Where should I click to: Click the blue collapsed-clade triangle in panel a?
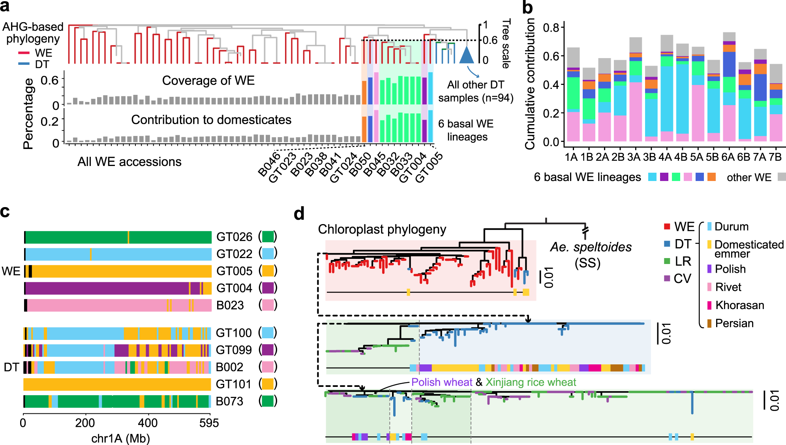(467, 56)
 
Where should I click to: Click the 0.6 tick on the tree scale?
(490, 40)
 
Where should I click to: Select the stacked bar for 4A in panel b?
(667, 88)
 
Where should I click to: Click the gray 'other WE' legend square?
(781, 177)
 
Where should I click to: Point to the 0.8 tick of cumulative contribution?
(551, 28)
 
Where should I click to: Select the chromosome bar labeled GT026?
(118, 237)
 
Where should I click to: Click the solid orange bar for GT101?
(117, 384)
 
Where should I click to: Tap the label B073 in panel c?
(230, 401)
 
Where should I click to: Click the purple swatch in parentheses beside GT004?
(268, 288)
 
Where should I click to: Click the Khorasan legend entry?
(739, 305)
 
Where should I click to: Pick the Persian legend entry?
(734, 323)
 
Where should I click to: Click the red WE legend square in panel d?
(667, 226)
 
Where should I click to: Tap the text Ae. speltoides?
(591, 247)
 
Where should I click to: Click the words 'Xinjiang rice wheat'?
(531, 382)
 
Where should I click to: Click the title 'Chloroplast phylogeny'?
(382, 229)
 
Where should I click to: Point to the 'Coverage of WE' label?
(208, 81)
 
